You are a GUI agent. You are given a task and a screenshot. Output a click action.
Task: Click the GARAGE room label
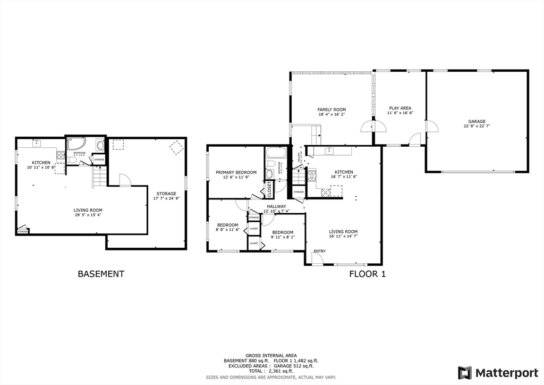point(477,121)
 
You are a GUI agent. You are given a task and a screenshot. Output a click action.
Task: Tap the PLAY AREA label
point(399,108)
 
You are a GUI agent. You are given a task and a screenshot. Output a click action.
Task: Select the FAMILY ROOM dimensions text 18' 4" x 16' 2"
point(331,115)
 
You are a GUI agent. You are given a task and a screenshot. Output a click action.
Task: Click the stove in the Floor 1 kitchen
point(312,173)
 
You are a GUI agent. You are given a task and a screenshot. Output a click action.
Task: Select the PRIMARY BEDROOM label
point(236,172)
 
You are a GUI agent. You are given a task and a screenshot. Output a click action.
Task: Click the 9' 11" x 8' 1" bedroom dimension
point(283,238)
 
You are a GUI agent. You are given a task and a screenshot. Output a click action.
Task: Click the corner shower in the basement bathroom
point(76,144)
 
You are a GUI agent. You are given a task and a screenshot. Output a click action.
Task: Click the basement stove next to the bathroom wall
point(61,155)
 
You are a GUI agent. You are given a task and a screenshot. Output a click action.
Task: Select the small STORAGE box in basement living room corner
point(23,231)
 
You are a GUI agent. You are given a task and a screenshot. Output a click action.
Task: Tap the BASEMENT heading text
point(101,274)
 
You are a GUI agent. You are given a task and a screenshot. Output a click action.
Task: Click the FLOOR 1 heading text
point(367,274)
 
